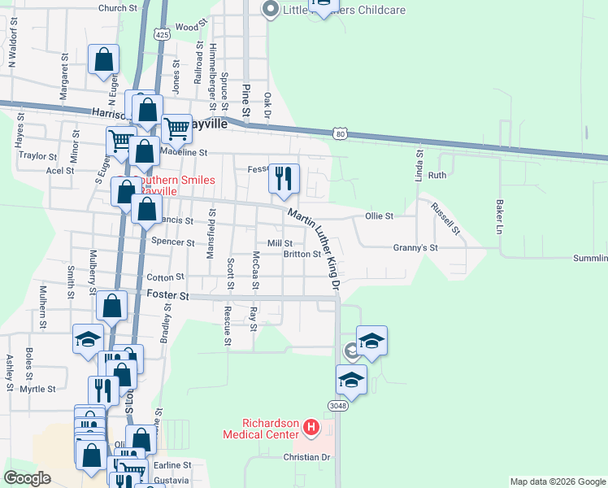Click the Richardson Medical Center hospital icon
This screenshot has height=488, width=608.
click(310, 427)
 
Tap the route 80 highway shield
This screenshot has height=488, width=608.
click(341, 133)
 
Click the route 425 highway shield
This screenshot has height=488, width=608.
click(163, 35)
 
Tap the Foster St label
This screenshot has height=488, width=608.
click(167, 295)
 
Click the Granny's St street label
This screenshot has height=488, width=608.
click(415, 247)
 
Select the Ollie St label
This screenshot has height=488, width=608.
click(379, 216)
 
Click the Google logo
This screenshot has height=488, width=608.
click(27, 477)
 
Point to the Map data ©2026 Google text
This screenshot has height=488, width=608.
click(558, 481)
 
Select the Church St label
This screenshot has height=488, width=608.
click(118, 8)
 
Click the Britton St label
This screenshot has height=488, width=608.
click(302, 254)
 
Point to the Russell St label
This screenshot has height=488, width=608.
click(445, 218)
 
